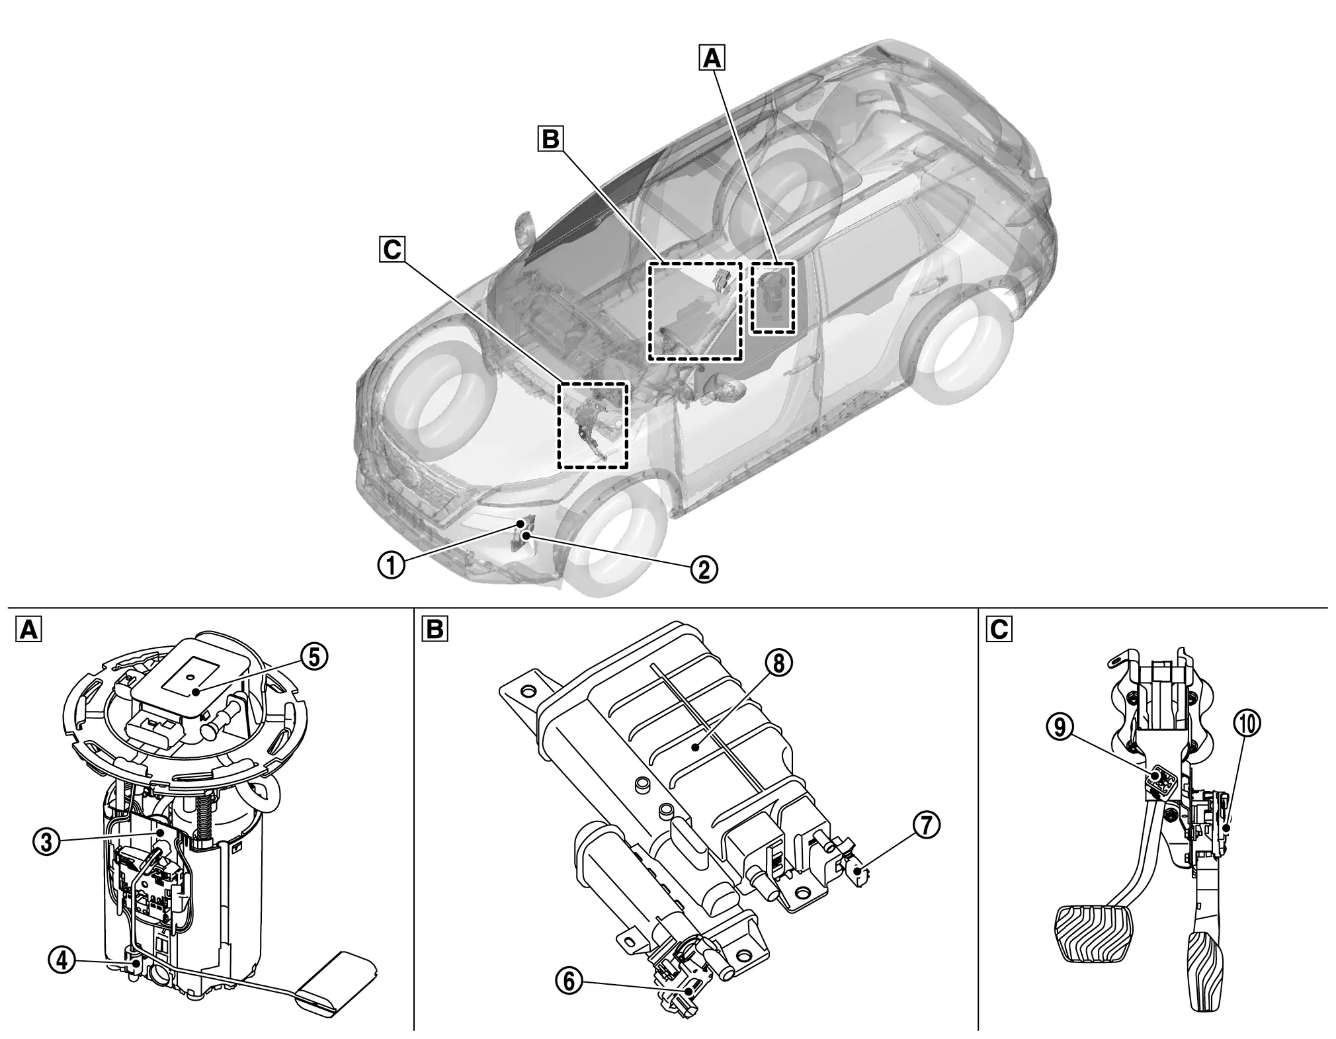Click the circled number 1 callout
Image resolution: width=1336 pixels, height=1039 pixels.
coord(392,565)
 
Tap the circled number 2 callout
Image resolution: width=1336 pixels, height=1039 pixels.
coord(704,567)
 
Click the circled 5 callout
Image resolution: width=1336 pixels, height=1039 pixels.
coord(315,657)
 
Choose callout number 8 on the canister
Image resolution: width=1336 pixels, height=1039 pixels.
coord(778,663)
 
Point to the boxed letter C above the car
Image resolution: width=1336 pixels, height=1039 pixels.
coord(392,250)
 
